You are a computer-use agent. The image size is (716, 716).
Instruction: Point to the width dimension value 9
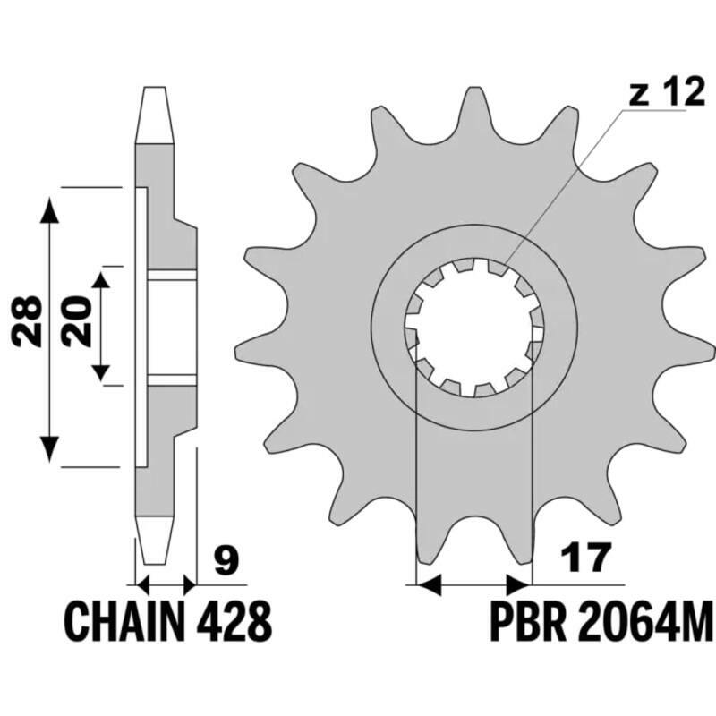[x=227, y=562]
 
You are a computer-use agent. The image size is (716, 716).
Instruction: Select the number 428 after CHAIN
[x=228, y=618]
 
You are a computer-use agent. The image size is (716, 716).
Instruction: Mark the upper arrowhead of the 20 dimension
[x=101, y=280]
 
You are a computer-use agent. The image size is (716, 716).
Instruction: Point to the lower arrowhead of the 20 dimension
[x=101, y=371]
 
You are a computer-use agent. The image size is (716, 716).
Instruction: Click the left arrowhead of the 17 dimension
[x=430, y=586]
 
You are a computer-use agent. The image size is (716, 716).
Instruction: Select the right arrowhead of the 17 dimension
[x=520, y=586]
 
